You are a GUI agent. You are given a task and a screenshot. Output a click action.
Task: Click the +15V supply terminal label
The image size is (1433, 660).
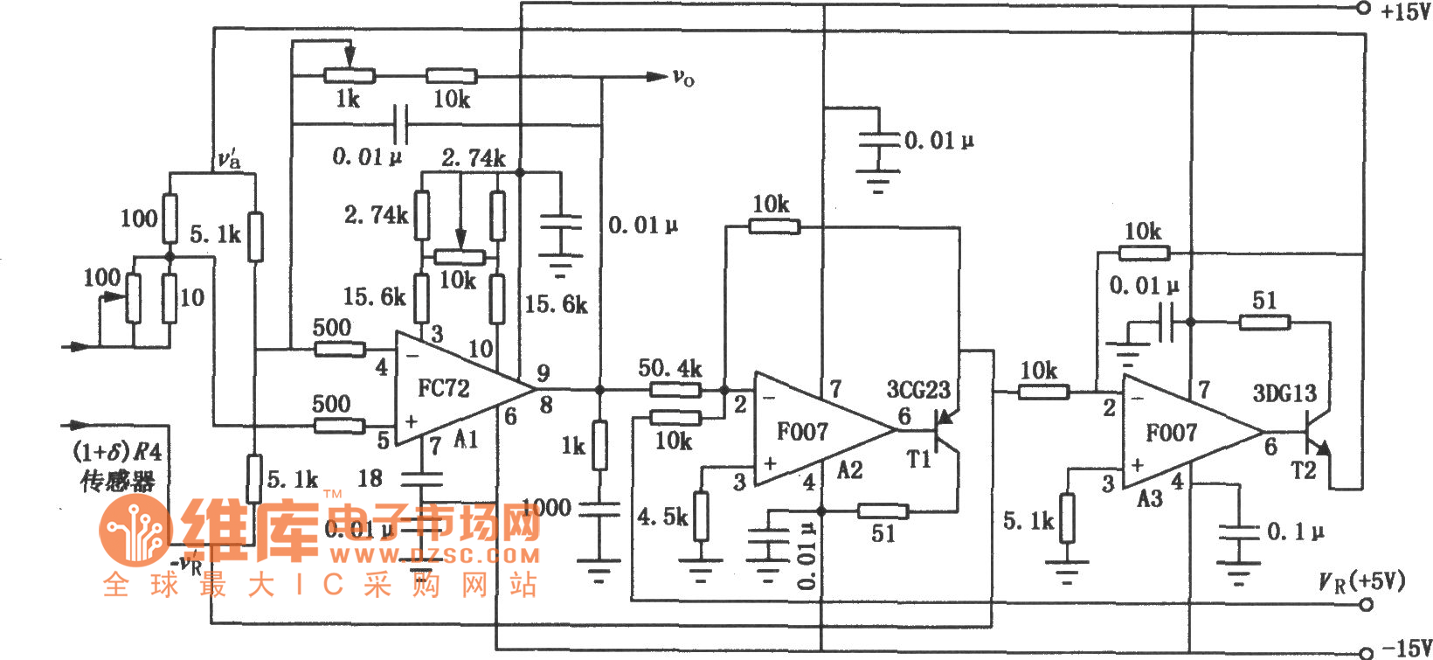point(1405,11)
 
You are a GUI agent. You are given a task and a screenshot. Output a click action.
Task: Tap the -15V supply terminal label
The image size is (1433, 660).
point(1405,648)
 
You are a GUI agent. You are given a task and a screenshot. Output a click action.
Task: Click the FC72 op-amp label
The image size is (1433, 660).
point(443,388)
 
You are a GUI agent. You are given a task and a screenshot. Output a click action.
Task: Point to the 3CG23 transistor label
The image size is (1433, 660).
point(917,389)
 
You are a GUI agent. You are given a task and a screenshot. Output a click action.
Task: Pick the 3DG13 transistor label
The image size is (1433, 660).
point(1284,393)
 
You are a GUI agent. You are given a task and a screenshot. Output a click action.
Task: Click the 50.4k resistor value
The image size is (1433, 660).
point(669,368)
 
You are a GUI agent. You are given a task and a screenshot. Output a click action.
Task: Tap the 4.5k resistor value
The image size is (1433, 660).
point(661,517)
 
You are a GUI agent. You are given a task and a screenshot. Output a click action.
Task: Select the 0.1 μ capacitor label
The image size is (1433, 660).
point(1296,531)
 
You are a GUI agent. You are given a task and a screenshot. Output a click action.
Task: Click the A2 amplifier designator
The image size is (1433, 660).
point(849,470)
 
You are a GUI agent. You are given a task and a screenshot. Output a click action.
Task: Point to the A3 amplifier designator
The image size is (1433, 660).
point(1149,498)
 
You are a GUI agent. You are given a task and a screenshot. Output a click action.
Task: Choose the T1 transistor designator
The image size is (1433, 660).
point(918,459)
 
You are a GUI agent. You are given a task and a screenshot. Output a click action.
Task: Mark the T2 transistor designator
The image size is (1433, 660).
point(1303,471)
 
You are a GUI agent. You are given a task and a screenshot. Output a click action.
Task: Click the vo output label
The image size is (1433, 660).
point(683,79)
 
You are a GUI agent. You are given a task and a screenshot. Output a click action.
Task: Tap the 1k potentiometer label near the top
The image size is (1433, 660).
point(348,99)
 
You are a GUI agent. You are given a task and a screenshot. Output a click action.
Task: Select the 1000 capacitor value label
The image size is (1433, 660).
point(546,507)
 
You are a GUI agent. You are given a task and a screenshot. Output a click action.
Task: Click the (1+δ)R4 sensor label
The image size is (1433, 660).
point(118,452)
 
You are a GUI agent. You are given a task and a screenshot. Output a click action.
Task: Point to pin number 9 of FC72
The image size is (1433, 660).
point(543,373)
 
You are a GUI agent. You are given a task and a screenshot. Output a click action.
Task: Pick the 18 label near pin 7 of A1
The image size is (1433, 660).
point(370,478)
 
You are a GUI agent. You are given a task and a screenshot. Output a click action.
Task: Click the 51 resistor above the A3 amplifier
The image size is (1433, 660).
point(1264,301)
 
